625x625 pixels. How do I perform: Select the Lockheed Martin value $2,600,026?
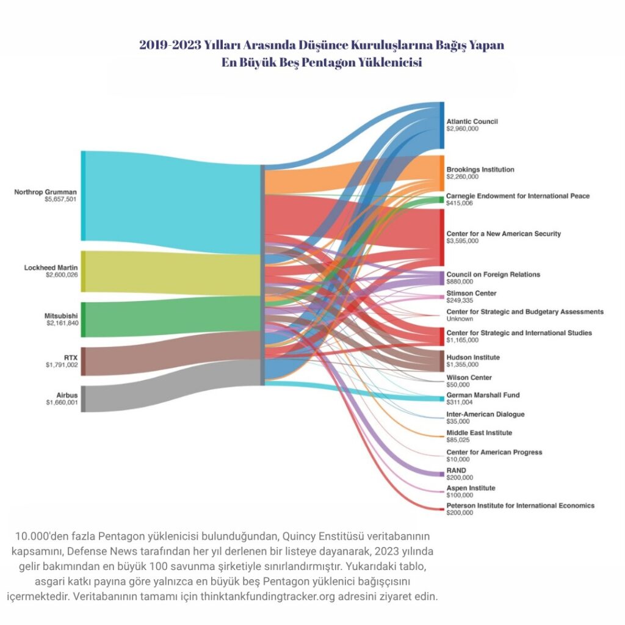[61, 275]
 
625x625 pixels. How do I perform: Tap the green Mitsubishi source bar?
[84, 319]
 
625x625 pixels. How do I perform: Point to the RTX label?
[70, 358]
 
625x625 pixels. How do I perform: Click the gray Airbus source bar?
[84, 399]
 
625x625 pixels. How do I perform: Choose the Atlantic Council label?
[472, 121]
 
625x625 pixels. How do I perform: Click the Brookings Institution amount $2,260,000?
[462, 177]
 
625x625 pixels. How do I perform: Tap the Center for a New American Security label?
[503, 234]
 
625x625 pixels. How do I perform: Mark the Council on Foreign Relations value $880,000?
[460, 282]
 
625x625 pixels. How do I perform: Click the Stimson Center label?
[471, 294]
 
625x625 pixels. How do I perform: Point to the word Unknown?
[459, 319]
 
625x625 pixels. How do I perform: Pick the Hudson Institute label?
[473, 357]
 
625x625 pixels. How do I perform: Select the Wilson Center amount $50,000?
[458, 385]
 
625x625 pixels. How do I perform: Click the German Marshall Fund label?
[483, 395]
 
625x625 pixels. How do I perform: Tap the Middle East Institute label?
[479, 433]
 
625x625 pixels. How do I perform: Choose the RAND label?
[456, 471]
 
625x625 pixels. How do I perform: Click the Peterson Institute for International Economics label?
[520, 506]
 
